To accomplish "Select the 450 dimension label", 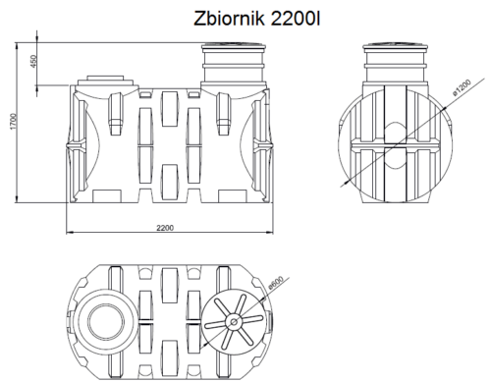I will pyautogui.click(x=33, y=61).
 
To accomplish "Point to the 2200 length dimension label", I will pyautogui.click(x=164, y=228).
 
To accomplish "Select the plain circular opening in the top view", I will pyautogui.click(x=104, y=321).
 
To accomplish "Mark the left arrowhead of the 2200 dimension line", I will pyautogui.click(x=70, y=234).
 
